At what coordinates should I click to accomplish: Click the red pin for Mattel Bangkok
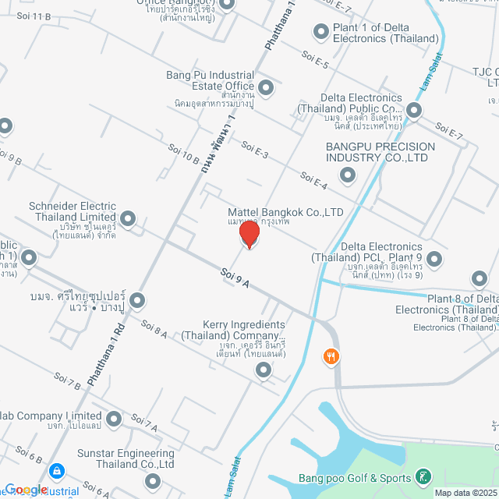249,232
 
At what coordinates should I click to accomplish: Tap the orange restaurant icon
331,356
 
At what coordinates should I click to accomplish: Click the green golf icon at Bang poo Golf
422,476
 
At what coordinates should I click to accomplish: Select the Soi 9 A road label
234,278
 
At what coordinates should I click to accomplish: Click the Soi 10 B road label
184,153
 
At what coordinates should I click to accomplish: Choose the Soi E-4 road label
313,182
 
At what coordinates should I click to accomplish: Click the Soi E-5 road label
315,60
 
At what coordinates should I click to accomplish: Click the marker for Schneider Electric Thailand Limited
128,219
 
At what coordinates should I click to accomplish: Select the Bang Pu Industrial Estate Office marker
266,87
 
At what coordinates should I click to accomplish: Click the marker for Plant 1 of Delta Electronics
320,32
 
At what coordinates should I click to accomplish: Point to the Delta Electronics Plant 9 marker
434,258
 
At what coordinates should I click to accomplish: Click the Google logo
27,490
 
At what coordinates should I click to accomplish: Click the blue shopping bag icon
56,471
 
